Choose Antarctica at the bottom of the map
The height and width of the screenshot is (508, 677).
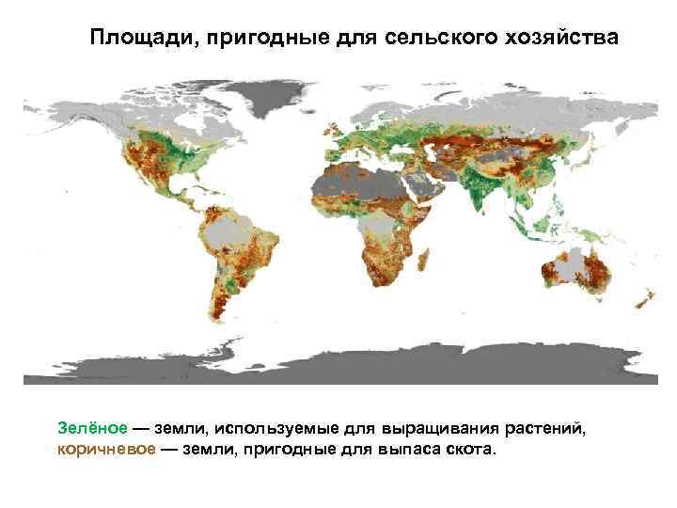click(x=338, y=367)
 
